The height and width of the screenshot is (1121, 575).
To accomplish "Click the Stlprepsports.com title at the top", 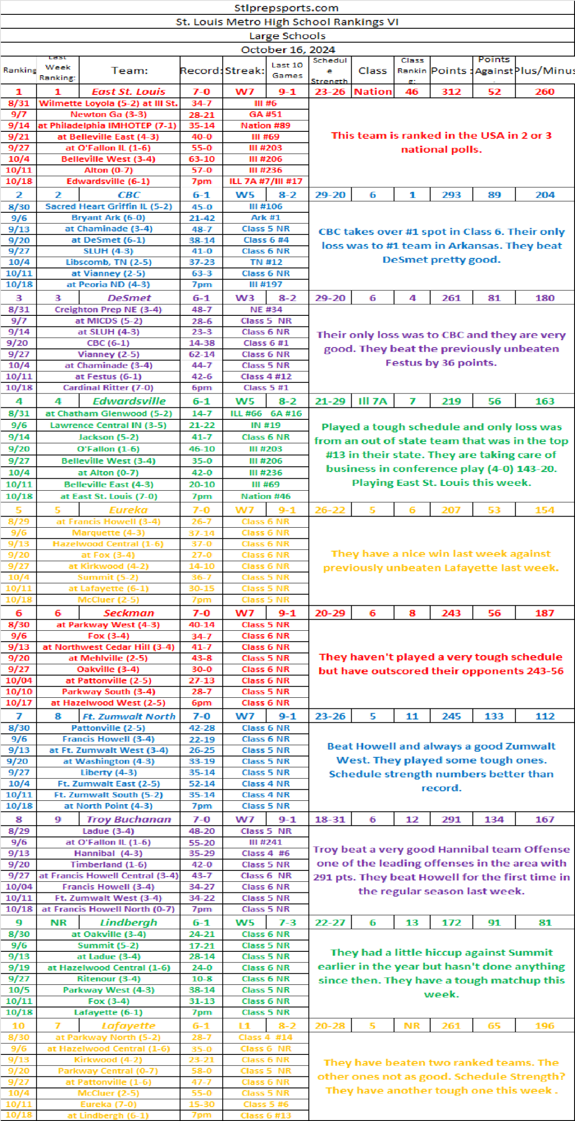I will [x=287, y=8].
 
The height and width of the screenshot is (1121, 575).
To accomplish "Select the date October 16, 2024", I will [x=287, y=49].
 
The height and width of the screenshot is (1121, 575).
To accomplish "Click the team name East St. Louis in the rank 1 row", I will [x=128, y=92].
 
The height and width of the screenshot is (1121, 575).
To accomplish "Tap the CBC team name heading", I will [x=129, y=195].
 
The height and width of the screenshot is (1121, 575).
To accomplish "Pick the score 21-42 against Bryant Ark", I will [x=201, y=218].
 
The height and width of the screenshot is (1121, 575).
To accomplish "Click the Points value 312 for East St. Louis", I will [x=451, y=92].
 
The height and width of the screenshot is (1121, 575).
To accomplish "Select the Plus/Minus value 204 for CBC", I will [x=545, y=195].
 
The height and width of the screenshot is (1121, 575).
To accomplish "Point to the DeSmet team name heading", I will [x=129, y=298].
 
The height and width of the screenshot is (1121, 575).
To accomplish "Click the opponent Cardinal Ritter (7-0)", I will [x=108, y=387].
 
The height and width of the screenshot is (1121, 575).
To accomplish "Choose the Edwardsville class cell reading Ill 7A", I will [x=372, y=401].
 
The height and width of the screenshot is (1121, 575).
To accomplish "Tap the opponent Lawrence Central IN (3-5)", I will [x=108, y=425].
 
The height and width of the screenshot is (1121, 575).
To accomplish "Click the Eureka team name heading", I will [x=128, y=510].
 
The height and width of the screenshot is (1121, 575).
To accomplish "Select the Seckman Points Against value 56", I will [x=494, y=613].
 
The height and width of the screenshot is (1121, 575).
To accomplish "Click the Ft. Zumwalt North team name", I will [x=129, y=716].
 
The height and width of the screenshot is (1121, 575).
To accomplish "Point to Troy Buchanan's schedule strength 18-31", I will [x=330, y=819].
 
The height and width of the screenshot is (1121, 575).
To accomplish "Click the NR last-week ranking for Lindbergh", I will [x=58, y=923].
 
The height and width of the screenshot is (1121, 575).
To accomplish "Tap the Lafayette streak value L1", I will [x=244, y=1026].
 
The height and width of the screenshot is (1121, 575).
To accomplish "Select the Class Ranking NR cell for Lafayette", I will [x=412, y=1026].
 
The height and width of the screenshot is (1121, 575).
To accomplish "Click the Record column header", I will [x=201, y=70].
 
